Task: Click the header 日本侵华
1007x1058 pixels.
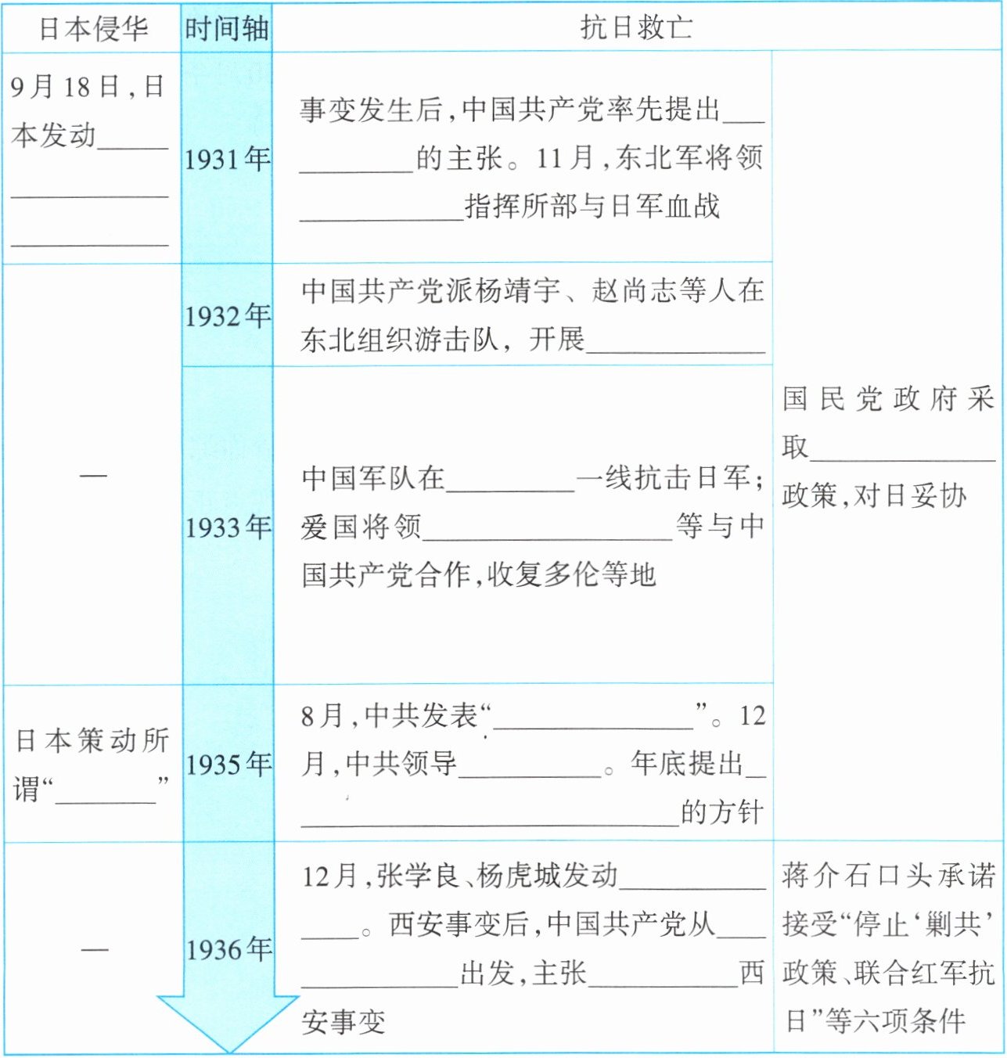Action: (92, 29)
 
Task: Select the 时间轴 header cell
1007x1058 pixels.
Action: (226, 29)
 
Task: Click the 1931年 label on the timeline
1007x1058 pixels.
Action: (227, 160)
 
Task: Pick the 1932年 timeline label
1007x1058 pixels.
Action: (227, 316)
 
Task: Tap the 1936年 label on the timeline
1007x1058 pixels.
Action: (228, 950)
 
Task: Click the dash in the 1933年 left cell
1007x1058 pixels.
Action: (93, 475)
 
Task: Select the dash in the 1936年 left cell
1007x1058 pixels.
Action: (94, 950)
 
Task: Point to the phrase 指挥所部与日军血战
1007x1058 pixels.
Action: (592, 206)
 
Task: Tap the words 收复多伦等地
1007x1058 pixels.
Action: (571, 575)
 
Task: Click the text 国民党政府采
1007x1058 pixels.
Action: (887, 399)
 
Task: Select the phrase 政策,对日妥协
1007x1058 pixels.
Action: (874, 495)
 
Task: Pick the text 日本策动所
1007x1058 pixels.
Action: (92, 740)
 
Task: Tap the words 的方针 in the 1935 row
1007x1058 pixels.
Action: (721, 812)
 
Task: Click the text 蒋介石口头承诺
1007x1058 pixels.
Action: (888, 876)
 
